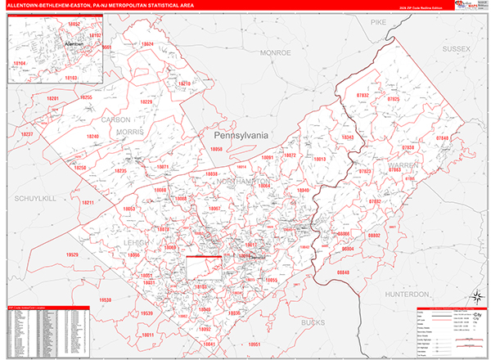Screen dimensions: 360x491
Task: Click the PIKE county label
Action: pyautogui.click(x=377, y=24)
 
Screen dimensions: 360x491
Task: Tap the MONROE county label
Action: pyautogui.click(x=276, y=52)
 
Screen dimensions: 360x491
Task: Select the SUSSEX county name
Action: pyautogui.click(x=457, y=49)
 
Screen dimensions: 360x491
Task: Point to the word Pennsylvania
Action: pyautogui.click(x=241, y=134)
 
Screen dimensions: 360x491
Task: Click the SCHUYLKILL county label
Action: pyautogui.click(x=33, y=199)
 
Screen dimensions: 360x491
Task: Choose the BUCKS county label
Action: pyautogui.click(x=313, y=323)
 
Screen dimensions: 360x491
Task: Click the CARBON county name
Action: pyautogui.click(x=116, y=119)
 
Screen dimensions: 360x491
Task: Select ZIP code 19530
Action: pyautogui.click(x=106, y=300)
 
